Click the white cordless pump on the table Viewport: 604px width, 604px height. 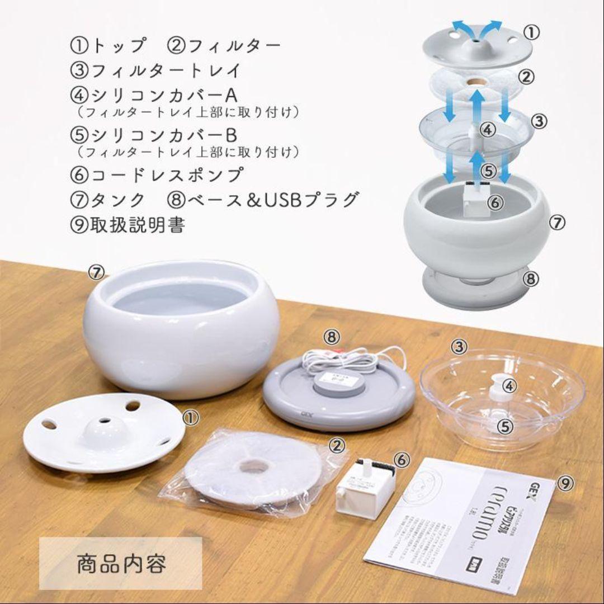[364, 488]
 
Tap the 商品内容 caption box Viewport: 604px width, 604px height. [121, 563]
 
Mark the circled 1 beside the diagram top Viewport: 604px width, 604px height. [532, 33]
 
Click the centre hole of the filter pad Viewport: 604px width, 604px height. [254, 466]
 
